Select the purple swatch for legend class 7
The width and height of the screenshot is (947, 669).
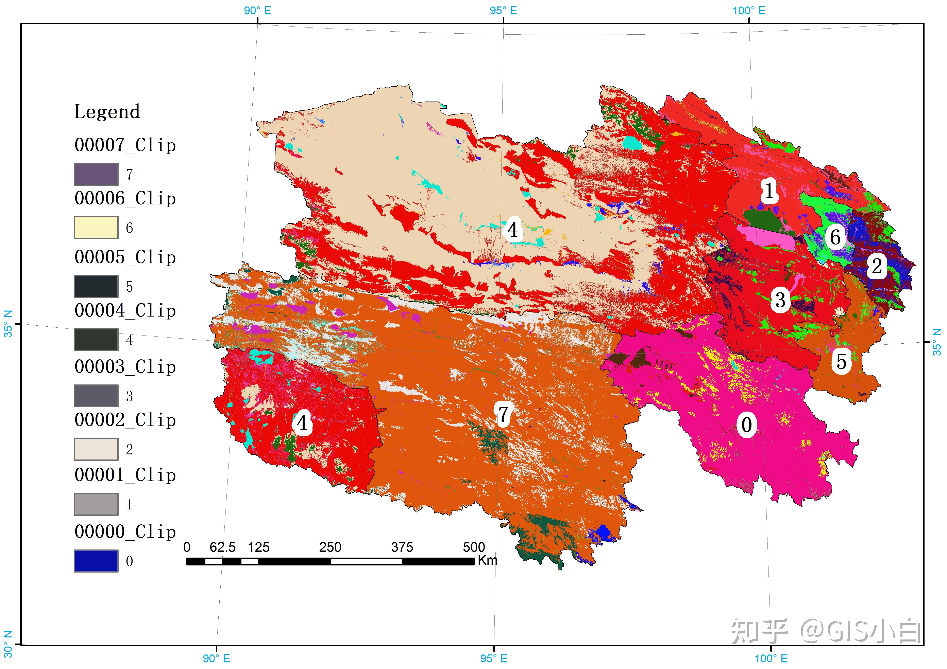96,174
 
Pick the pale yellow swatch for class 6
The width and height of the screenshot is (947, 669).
96,228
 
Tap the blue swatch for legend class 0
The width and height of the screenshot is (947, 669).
96,561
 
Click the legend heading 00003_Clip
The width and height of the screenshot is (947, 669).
125,367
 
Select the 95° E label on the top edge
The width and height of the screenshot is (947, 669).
503,11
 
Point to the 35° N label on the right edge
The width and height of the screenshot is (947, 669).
937,342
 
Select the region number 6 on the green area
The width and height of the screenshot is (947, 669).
835,237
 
